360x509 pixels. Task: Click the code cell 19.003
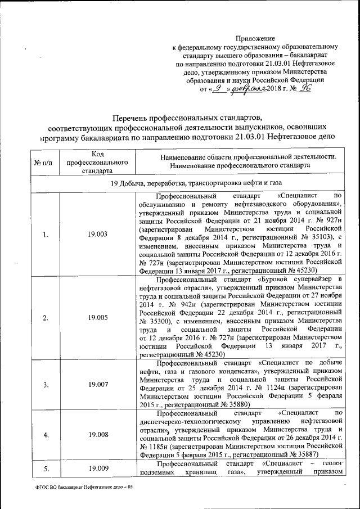tap(97, 235)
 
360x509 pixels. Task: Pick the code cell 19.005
tap(97, 318)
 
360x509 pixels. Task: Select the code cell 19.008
tap(97, 434)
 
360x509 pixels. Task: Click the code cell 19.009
tap(97, 467)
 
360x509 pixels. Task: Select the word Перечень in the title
tap(136, 118)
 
